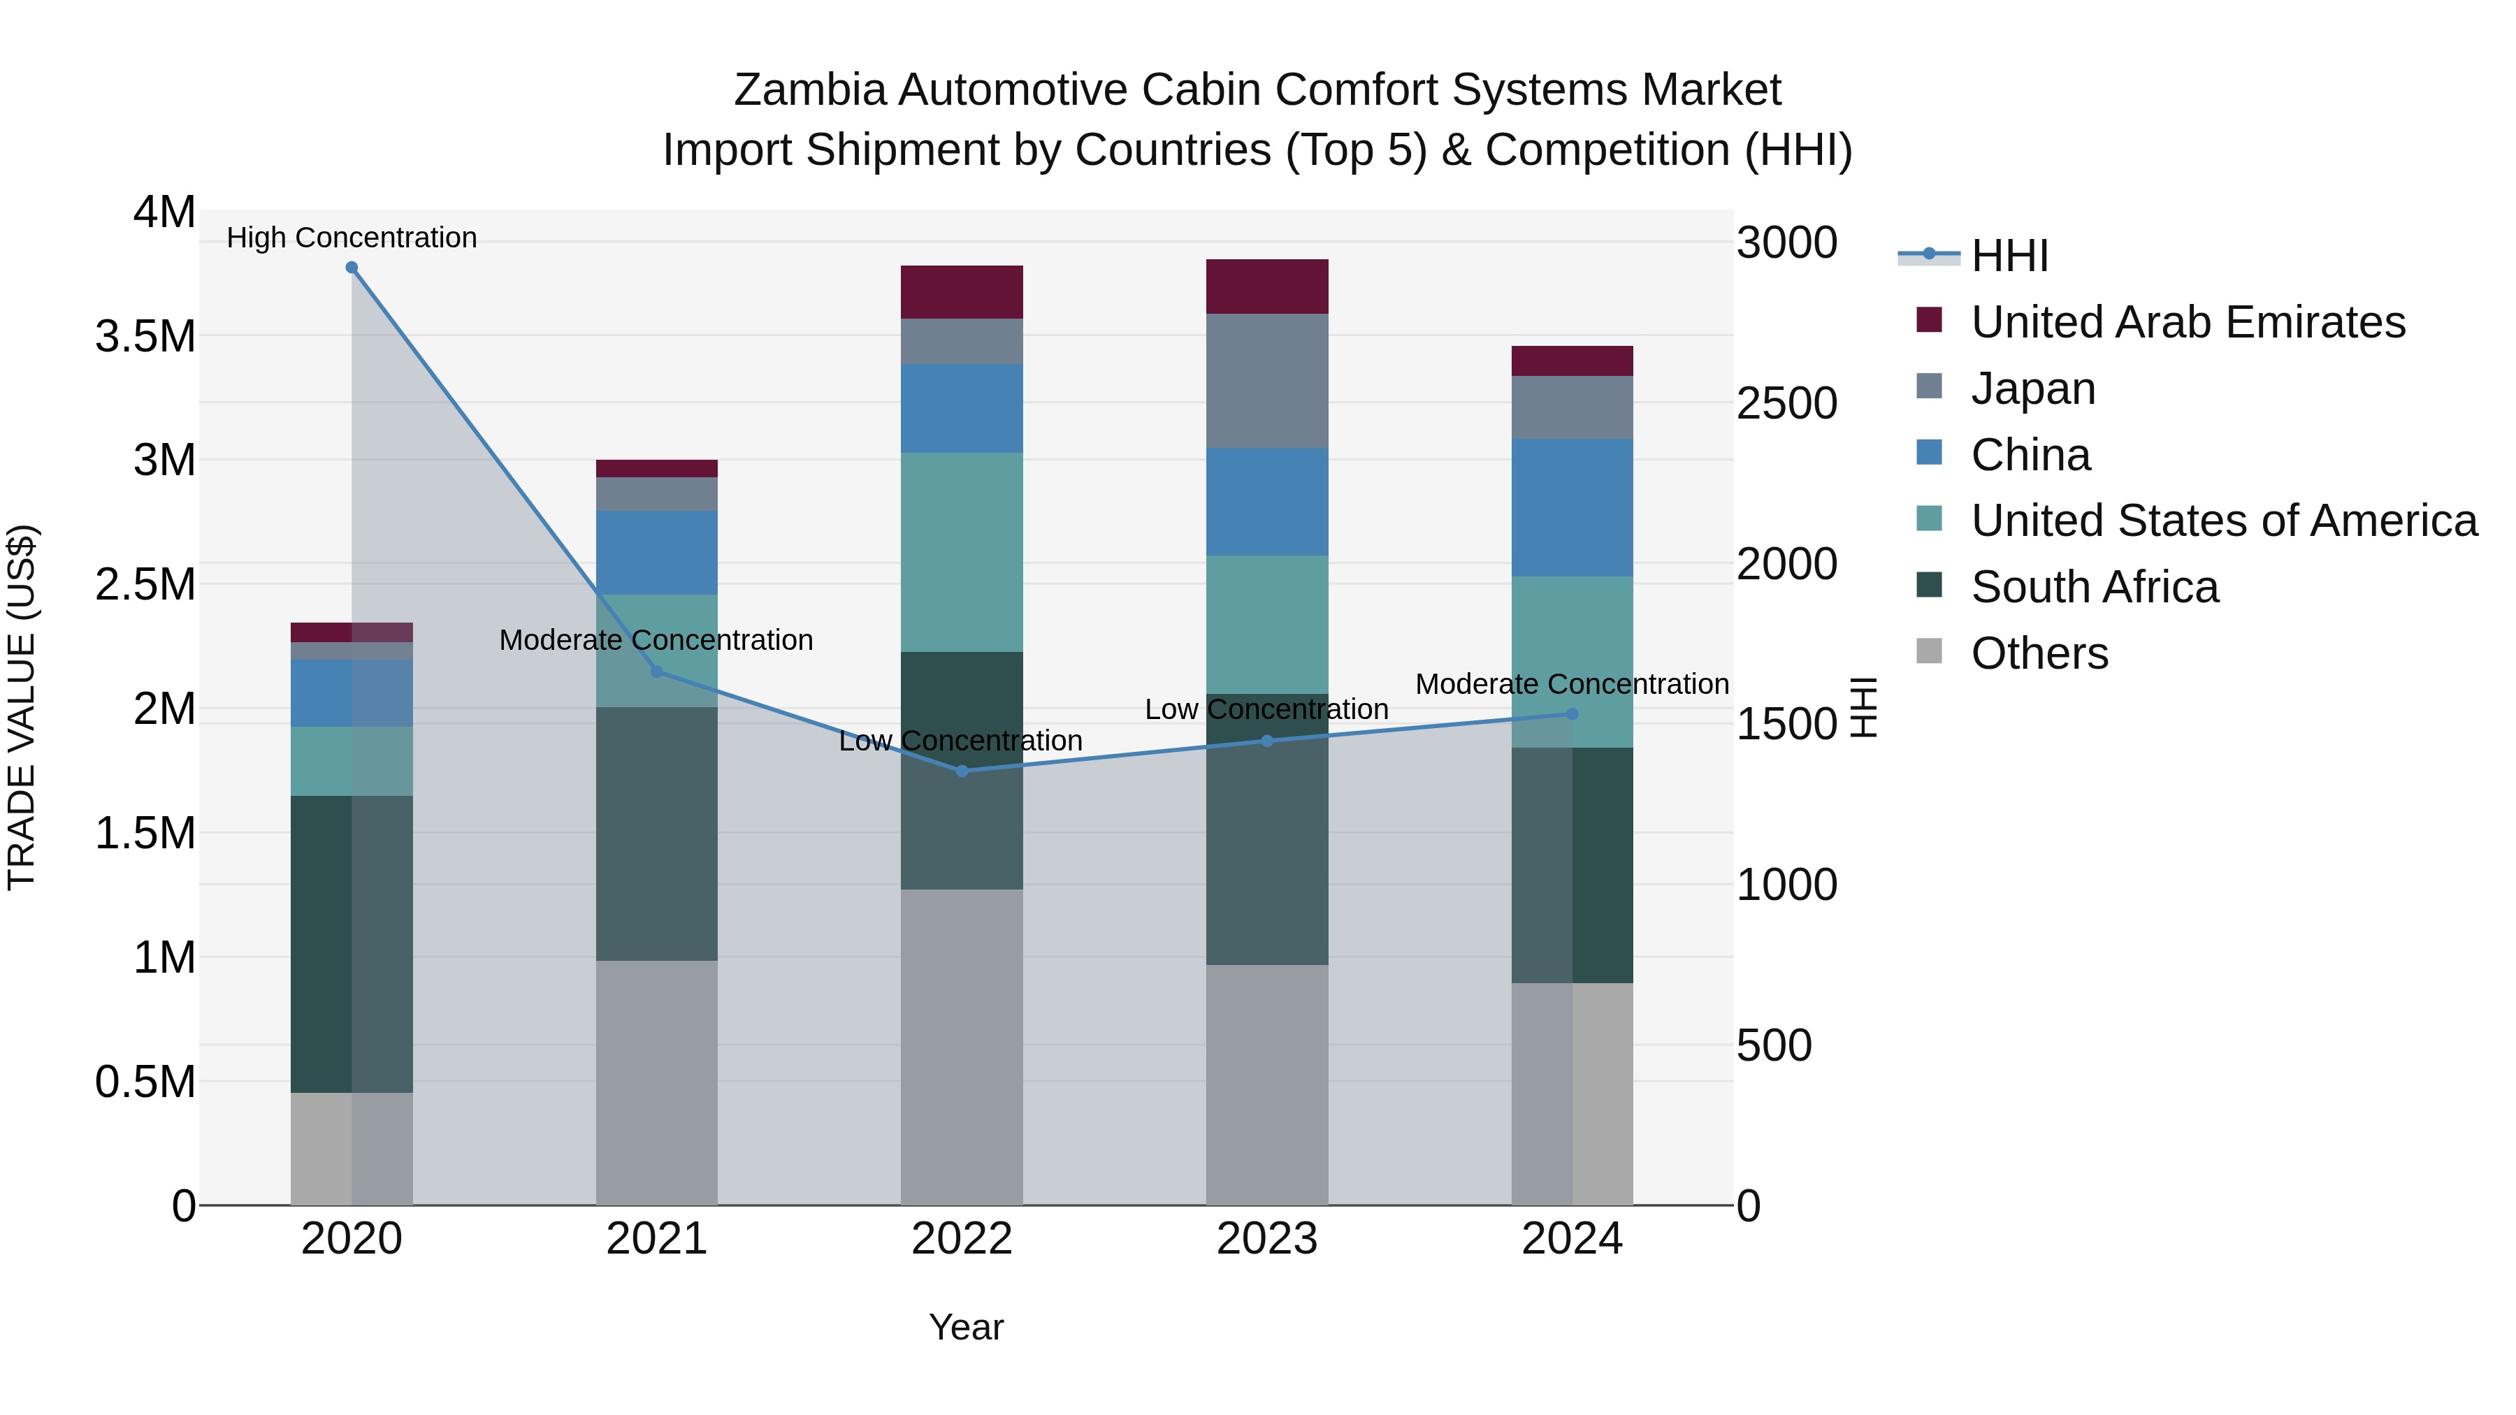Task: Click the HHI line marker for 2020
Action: click(352, 268)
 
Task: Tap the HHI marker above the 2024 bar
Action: click(1572, 714)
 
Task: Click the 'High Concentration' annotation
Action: click(352, 238)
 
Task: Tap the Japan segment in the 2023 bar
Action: click(1267, 381)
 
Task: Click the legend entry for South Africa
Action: click(2094, 587)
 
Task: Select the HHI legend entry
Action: click(2009, 256)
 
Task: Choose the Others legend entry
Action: click(2039, 653)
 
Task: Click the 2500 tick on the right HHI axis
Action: click(1786, 403)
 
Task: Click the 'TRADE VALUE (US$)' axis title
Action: click(22, 707)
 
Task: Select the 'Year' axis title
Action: click(965, 1327)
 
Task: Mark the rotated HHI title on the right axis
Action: click(1863, 707)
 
